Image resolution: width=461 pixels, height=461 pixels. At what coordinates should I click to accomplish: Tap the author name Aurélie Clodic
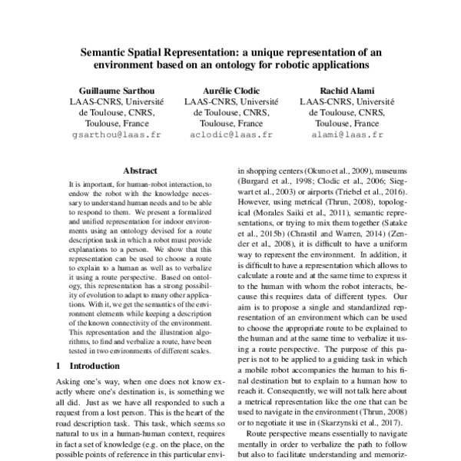coord(230,88)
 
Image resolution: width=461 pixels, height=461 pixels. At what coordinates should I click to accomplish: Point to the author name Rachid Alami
coord(347,88)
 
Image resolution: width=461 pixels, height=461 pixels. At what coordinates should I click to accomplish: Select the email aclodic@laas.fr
coord(230,134)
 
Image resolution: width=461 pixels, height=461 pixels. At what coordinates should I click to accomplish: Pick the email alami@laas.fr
coord(347,134)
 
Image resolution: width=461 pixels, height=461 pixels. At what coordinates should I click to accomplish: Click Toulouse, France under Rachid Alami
coord(347,122)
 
